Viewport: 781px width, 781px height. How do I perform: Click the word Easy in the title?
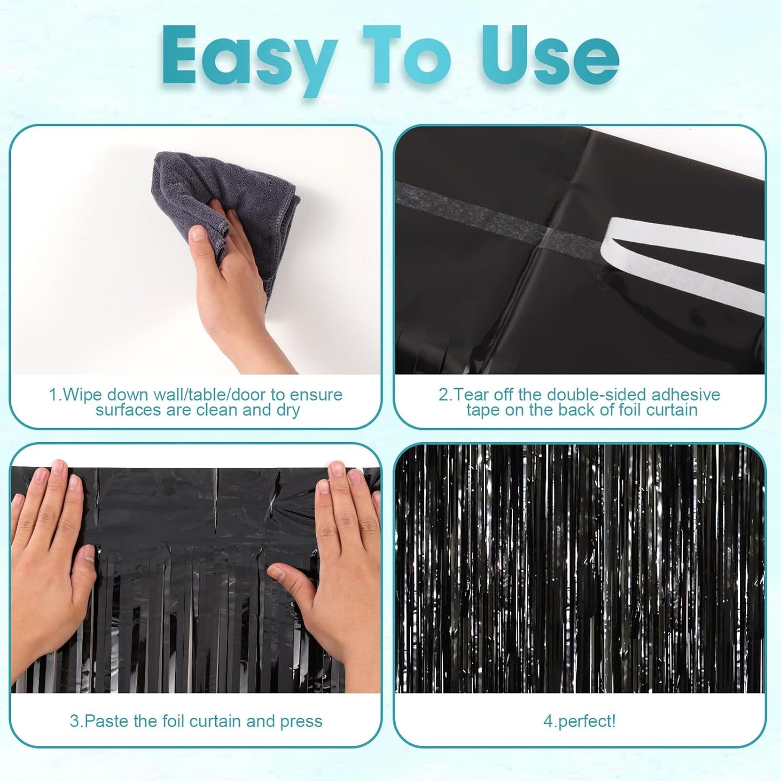246,57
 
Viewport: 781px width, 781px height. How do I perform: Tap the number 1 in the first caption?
53,395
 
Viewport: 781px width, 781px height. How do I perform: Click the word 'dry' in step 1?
288,410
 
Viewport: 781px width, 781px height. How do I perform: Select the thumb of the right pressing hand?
286,573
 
